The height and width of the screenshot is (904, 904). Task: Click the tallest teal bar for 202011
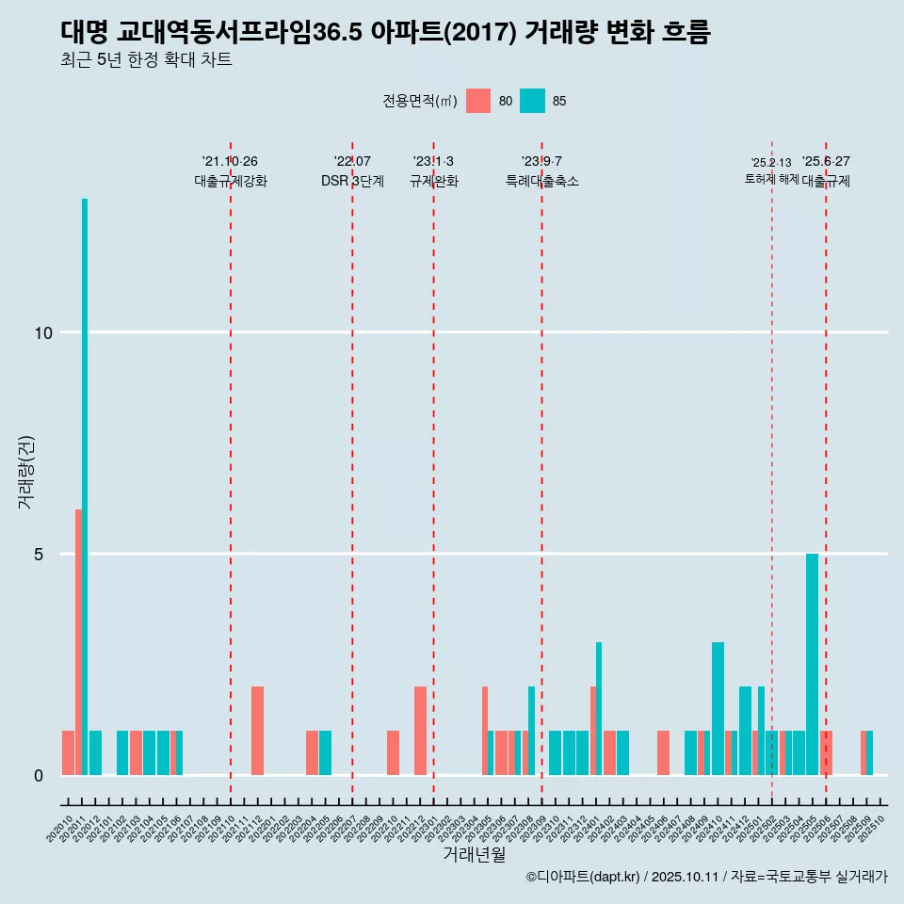[x=85, y=486]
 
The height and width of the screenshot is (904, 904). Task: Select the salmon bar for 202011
[x=78, y=642]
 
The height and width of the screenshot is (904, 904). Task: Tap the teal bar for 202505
[x=812, y=664]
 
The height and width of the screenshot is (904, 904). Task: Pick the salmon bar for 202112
[x=257, y=731]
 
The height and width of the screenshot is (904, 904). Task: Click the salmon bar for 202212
[x=420, y=731]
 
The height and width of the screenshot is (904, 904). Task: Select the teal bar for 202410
[x=718, y=708]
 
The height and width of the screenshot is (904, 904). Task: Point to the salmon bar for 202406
[x=663, y=752]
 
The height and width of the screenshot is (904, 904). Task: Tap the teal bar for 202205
[x=325, y=752]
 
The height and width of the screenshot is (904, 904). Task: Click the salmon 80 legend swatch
[x=478, y=101]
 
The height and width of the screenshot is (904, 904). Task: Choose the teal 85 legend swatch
[x=532, y=101]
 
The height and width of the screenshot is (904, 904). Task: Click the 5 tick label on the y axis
[x=40, y=554]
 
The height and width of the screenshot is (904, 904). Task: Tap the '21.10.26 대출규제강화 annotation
[x=231, y=171]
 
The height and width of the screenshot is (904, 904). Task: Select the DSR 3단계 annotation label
[x=352, y=181]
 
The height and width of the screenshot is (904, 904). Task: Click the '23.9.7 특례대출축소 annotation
[x=541, y=171]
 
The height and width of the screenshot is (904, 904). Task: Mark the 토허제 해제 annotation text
[x=771, y=179]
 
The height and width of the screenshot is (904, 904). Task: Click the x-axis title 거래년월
[x=474, y=854]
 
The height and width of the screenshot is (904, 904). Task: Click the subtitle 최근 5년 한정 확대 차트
[x=146, y=60]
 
